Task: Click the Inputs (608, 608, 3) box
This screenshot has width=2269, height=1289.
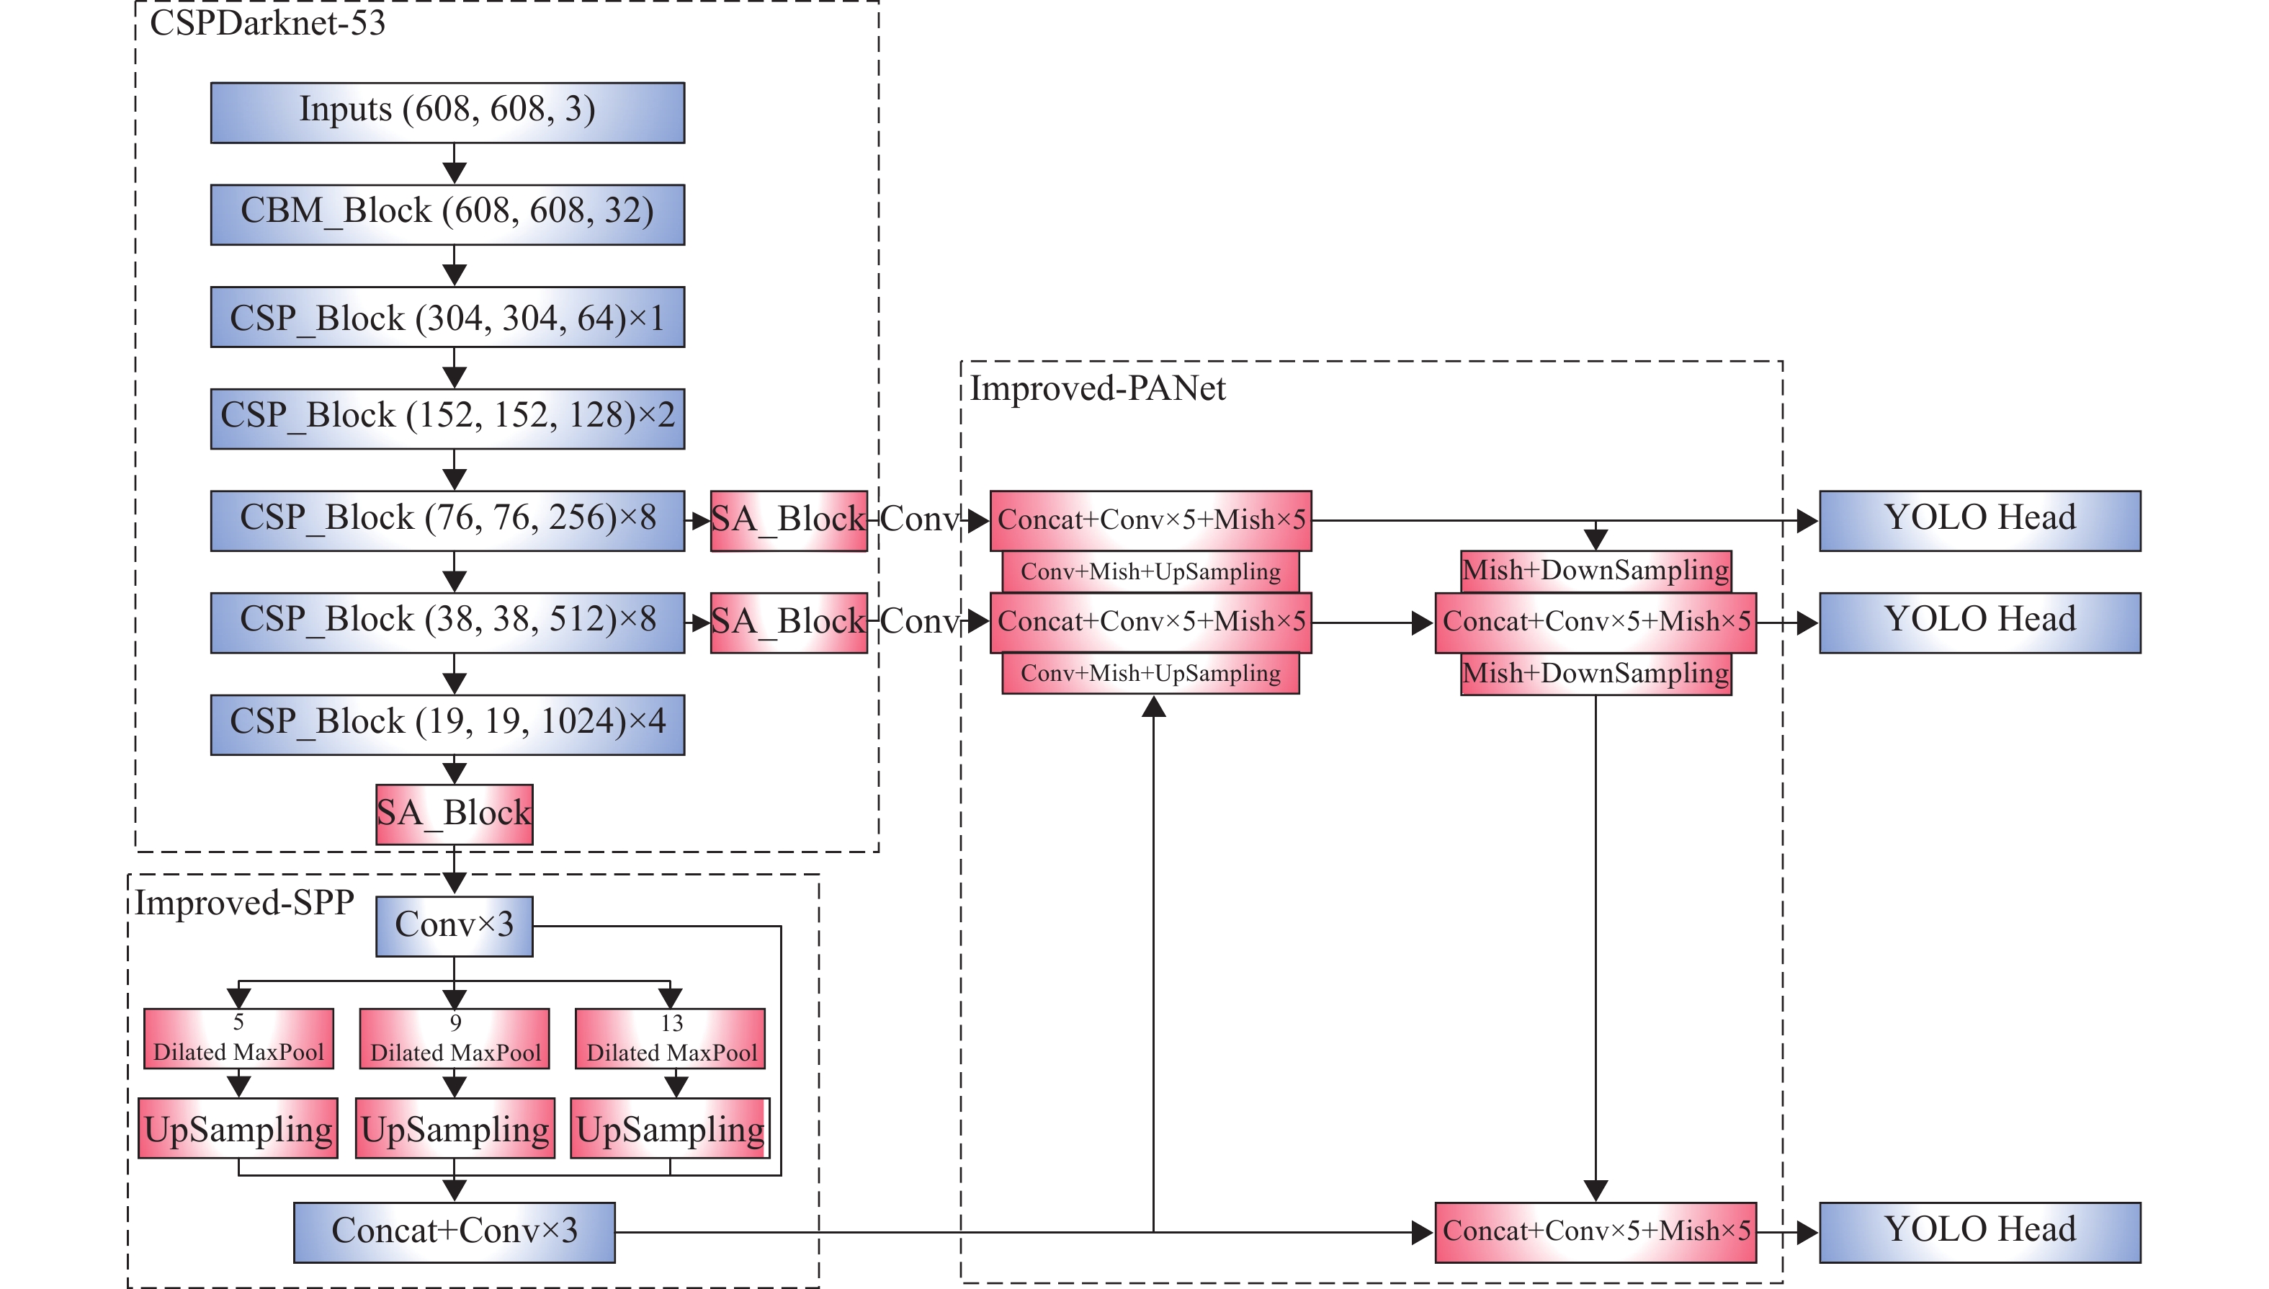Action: pyautogui.click(x=447, y=112)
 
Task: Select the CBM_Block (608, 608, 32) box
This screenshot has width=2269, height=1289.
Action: pyautogui.click(x=447, y=214)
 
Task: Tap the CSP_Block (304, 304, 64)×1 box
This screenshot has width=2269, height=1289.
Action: pyautogui.click(x=447, y=317)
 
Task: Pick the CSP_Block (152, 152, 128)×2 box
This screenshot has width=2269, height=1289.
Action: pyautogui.click(x=447, y=419)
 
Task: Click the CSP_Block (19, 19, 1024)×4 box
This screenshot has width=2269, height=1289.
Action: pyautogui.click(x=447, y=724)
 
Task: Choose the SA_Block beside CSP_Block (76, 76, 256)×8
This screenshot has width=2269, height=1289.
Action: pyautogui.click(x=787, y=520)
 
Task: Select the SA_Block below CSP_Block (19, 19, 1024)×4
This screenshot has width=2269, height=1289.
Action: pyautogui.click(x=454, y=813)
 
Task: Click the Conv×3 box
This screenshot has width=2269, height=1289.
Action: pyautogui.click(x=454, y=926)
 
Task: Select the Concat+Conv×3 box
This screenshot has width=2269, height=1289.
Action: pyautogui.click(x=454, y=1231)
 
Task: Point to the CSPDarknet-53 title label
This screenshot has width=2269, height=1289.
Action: pyautogui.click(x=267, y=23)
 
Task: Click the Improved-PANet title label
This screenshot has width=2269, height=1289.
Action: pyautogui.click(x=1097, y=388)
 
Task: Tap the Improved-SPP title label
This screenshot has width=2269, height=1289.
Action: pyautogui.click(x=244, y=903)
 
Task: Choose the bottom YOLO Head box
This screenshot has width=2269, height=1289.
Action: pyautogui.click(x=1979, y=1231)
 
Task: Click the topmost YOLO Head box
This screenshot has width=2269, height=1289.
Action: pyautogui.click(x=1979, y=520)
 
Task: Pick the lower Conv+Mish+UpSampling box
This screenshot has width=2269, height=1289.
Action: pyautogui.click(x=1150, y=674)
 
